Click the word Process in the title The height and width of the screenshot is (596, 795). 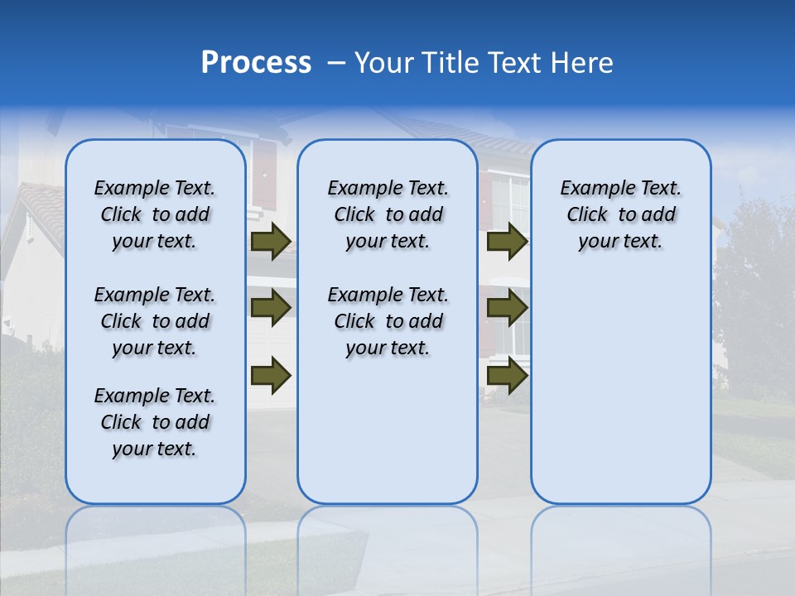(256, 63)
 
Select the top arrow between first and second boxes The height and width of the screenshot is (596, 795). (271, 241)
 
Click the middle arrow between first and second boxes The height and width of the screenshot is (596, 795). (271, 308)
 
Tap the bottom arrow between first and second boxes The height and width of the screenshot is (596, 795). (271, 375)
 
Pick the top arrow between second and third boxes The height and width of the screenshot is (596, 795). (508, 241)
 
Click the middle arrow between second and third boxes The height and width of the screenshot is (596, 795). (508, 308)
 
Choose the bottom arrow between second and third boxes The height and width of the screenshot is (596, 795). (508, 375)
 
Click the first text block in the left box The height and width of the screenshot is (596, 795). (155, 214)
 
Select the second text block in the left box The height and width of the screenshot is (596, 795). (155, 321)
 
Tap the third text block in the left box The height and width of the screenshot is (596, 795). (155, 422)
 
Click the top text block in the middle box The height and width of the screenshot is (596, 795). (388, 214)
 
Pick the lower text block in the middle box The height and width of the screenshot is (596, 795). (388, 321)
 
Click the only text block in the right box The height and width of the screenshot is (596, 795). (620, 214)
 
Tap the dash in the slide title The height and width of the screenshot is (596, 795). (336, 63)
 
